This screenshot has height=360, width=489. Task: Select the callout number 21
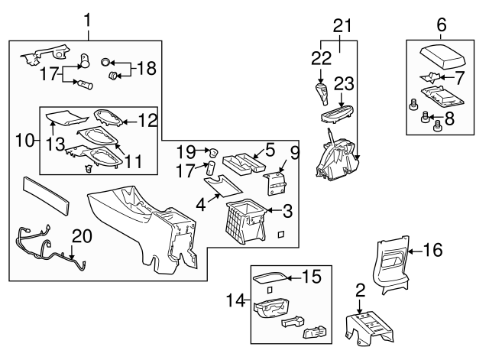point(342,26)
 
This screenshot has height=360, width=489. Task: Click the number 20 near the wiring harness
point(82,235)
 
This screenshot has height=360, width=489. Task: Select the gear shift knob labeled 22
point(322,95)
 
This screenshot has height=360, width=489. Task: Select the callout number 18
point(146,69)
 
